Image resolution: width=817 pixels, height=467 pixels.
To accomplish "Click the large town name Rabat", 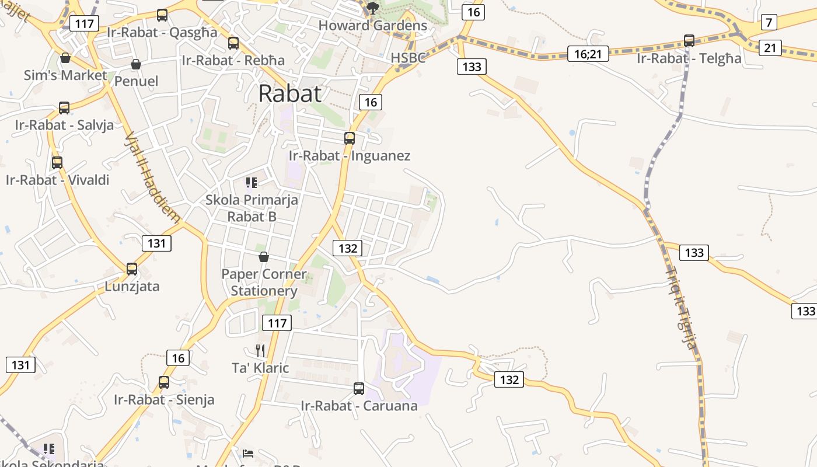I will point(289,93).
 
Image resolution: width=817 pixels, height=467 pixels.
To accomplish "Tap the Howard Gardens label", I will point(373,26).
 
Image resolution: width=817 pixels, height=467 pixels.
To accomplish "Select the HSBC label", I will point(408,58).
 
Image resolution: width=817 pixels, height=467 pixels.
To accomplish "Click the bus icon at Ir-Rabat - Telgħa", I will point(689,41).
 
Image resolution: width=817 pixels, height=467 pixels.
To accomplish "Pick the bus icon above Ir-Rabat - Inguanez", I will point(350,138).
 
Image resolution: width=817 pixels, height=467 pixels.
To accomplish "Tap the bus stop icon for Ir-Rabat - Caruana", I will point(359,388).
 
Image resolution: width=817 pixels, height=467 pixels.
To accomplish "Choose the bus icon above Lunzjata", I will point(132,269).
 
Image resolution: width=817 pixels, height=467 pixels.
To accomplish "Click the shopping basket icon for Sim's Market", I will point(65,58).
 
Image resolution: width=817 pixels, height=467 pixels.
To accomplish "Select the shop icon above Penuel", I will point(136,64).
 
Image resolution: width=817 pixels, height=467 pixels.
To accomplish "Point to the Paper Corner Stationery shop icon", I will point(264,256).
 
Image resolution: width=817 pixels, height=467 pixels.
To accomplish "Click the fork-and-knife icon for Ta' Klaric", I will point(260,350).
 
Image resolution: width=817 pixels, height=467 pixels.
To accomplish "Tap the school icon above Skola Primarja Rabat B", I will point(252,183).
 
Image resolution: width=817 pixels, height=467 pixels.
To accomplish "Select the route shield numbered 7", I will point(769,23).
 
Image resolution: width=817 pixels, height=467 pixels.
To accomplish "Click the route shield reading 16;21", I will point(588,54).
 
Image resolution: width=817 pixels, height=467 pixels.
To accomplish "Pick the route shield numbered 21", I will point(770,48).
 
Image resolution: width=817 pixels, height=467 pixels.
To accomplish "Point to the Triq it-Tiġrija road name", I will point(682,308).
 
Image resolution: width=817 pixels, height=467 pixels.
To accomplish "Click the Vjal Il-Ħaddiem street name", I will point(152,177).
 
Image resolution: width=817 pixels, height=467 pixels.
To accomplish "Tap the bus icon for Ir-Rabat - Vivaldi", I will point(57,163).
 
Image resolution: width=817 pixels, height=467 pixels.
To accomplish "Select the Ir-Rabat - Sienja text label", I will point(164,400).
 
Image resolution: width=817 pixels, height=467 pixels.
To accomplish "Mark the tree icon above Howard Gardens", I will point(373,8).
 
